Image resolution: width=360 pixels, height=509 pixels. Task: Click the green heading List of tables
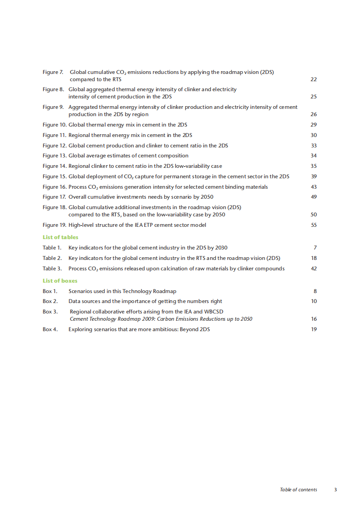pyautogui.click(x=60, y=237)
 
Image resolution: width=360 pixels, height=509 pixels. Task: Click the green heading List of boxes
pyautogui.click(x=60, y=281)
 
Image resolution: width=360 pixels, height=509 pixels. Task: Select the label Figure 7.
pyautogui.click(x=53, y=72)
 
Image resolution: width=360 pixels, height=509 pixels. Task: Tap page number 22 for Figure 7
pyautogui.click(x=313, y=79)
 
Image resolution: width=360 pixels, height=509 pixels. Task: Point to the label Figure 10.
pyautogui.click(x=54, y=125)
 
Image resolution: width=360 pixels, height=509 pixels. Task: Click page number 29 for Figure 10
pyautogui.click(x=313, y=125)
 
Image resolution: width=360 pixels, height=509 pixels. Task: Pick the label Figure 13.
pyautogui.click(x=54, y=156)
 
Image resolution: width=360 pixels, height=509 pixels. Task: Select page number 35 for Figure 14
pyautogui.click(x=313, y=166)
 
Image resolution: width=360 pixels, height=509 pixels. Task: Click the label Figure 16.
pyautogui.click(x=54, y=187)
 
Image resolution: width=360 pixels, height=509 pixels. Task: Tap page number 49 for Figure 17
pyautogui.click(x=313, y=197)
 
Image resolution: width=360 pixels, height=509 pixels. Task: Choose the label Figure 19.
pyautogui.click(x=54, y=225)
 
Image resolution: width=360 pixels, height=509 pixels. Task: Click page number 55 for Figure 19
pyautogui.click(x=313, y=225)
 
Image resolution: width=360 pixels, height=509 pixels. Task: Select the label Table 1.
pyautogui.click(x=52, y=248)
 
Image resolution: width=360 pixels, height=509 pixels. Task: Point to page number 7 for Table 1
pyautogui.click(x=315, y=248)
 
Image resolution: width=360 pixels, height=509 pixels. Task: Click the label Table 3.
pyautogui.click(x=52, y=269)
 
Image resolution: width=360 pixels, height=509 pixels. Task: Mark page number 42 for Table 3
pyautogui.click(x=313, y=269)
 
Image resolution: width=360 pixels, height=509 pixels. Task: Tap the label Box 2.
pyautogui.click(x=50, y=301)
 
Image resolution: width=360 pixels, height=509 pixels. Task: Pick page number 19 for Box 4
pyautogui.click(x=313, y=329)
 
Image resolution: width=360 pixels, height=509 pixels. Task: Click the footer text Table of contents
pyautogui.click(x=298, y=489)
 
